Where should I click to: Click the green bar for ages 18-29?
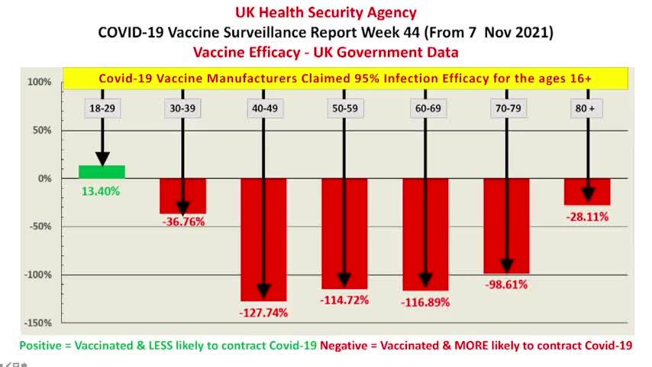pos(102,172)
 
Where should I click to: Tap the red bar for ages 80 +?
pos(587,191)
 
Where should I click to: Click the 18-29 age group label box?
pos(102,109)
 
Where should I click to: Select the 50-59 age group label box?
pos(344,109)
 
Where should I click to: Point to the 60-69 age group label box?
pos(425,109)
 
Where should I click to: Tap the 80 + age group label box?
pos(586,109)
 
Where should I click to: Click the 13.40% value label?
pos(101,192)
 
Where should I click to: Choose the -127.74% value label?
pos(263,313)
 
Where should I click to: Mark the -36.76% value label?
pos(182,222)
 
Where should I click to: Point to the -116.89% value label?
pos(425,302)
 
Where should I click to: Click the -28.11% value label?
pos(587,216)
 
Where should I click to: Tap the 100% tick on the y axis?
pos(39,82)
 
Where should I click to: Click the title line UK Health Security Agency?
pos(325,12)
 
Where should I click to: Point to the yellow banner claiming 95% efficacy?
pos(345,79)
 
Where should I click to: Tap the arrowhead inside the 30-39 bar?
pos(182,208)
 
